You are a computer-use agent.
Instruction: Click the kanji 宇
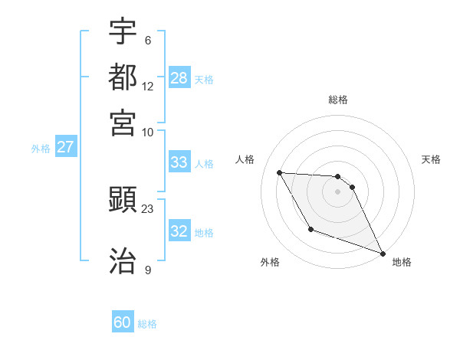coord(123,31)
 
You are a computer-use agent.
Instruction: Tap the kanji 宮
coord(123,123)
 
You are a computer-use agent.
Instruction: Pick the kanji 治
coord(123,261)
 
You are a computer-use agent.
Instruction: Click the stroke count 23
coord(148,208)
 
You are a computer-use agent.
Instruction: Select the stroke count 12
coord(148,86)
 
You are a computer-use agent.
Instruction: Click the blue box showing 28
coord(179,77)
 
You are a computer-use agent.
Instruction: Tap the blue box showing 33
coord(179,162)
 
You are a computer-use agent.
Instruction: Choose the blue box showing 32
coord(179,231)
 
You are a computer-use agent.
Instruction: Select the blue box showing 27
coord(65,147)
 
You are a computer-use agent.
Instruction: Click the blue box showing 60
coord(123,322)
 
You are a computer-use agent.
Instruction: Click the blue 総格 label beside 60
coord(147,324)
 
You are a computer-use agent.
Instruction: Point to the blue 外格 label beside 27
coord(41,149)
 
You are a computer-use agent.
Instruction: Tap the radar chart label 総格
coord(338,100)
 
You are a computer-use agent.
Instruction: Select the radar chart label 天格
coord(431,159)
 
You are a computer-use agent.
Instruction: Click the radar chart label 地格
coord(402,262)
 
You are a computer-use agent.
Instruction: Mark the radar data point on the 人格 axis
coord(279,172)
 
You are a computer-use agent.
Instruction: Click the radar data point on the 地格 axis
coord(383,253)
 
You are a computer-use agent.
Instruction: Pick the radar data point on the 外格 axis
coord(310,229)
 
